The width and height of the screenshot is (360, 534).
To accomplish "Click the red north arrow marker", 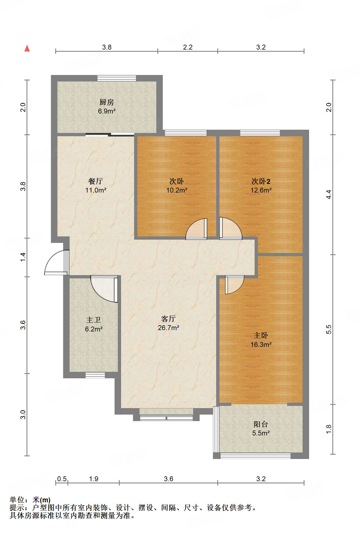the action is (x=27, y=48).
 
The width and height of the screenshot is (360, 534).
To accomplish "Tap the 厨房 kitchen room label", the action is (x=107, y=102).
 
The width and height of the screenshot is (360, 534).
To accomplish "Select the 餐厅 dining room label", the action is (x=96, y=181).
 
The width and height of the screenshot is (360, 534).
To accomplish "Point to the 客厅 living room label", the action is (x=168, y=319).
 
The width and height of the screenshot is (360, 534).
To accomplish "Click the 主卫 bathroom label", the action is (x=94, y=320).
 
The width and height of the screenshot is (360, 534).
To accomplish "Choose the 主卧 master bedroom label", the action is (x=261, y=336).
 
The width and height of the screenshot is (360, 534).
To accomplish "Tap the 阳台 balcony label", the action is (x=261, y=424).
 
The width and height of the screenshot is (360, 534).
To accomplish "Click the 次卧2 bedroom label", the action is (x=261, y=181).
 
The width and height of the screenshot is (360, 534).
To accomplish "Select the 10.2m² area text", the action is (x=177, y=190).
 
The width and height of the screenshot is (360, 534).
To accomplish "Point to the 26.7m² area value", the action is (x=168, y=328).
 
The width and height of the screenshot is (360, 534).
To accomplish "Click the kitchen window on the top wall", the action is (x=117, y=78).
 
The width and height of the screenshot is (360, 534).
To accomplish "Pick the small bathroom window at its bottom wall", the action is (x=95, y=375).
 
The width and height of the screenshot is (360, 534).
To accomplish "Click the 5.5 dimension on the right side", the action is (x=329, y=329).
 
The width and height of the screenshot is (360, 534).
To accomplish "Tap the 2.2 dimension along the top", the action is (x=188, y=47).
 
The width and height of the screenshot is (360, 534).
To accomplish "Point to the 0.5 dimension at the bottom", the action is (x=62, y=479).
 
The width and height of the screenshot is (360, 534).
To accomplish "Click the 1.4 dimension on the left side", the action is (x=23, y=257).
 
